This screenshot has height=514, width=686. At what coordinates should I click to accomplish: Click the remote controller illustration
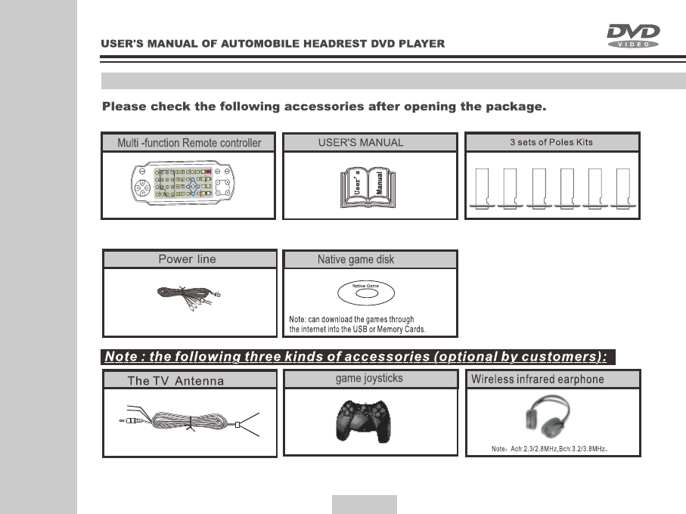pyautogui.click(x=188, y=185)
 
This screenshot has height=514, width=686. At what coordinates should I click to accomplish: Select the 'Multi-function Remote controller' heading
pyautogui.click(x=189, y=143)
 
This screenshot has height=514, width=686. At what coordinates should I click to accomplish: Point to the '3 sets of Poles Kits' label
pyautogui.click(x=552, y=142)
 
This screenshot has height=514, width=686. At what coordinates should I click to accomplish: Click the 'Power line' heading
pyautogui.click(x=187, y=259)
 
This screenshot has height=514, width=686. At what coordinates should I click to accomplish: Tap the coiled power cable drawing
pyautogui.click(x=188, y=293)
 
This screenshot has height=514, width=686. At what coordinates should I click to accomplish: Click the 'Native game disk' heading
pyautogui.click(x=355, y=260)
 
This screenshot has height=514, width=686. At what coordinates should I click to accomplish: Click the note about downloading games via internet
pyautogui.click(x=358, y=324)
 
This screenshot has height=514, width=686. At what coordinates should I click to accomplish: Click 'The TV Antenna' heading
pyautogui.click(x=175, y=381)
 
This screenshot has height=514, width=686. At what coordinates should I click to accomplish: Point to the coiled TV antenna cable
pyautogui.click(x=189, y=422)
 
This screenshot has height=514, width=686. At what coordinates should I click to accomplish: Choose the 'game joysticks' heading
pyautogui.click(x=369, y=379)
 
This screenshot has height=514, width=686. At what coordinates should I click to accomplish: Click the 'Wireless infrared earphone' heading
pyautogui.click(x=538, y=379)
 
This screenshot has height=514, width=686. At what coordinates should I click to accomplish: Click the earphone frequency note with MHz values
pyautogui.click(x=550, y=449)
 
